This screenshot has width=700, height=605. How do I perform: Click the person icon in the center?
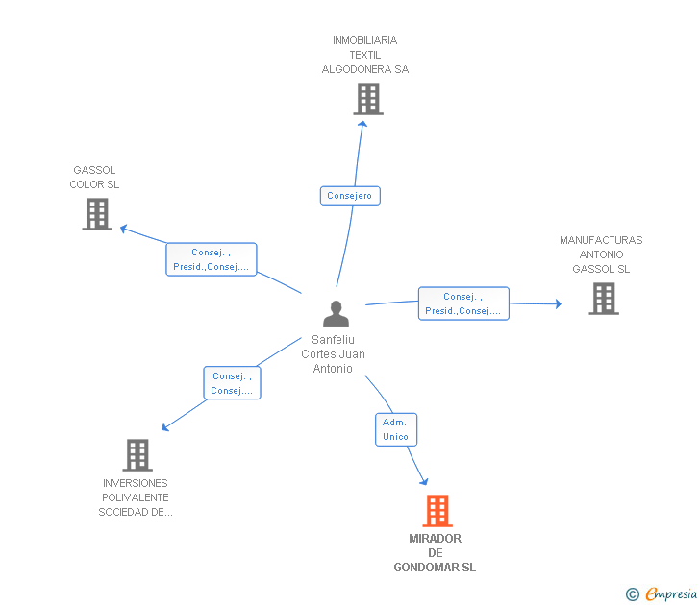click(x=336, y=313)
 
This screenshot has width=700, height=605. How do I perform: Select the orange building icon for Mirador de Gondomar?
click(x=437, y=511)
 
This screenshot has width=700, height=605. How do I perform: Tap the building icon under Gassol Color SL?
click(x=97, y=214)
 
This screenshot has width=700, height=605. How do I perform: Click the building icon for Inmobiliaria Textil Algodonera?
click(x=368, y=99)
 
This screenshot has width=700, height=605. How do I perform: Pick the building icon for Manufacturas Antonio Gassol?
click(x=604, y=299)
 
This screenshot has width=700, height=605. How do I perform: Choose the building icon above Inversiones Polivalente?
click(x=137, y=455)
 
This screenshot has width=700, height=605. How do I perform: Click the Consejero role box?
click(x=350, y=196)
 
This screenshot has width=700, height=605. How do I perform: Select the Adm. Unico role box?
click(x=396, y=429)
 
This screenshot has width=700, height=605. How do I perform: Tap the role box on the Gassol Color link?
click(x=212, y=259)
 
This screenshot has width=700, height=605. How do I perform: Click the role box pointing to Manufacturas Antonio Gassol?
click(x=463, y=303)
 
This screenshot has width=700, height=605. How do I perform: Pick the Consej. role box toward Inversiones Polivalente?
click(x=232, y=383)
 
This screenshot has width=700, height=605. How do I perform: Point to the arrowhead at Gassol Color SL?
click(x=123, y=229)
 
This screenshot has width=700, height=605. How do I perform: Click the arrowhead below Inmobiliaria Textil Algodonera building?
click(x=362, y=124)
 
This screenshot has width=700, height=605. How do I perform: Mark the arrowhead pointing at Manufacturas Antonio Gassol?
click(x=559, y=303)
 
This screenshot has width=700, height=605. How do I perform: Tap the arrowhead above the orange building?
click(x=424, y=481)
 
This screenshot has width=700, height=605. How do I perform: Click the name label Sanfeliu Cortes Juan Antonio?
click(x=333, y=354)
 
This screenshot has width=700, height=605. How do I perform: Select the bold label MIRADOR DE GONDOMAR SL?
click(x=435, y=553)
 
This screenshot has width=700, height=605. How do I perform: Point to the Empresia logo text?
click(x=671, y=593)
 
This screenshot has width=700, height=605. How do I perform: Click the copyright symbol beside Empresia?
click(x=632, y=594)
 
